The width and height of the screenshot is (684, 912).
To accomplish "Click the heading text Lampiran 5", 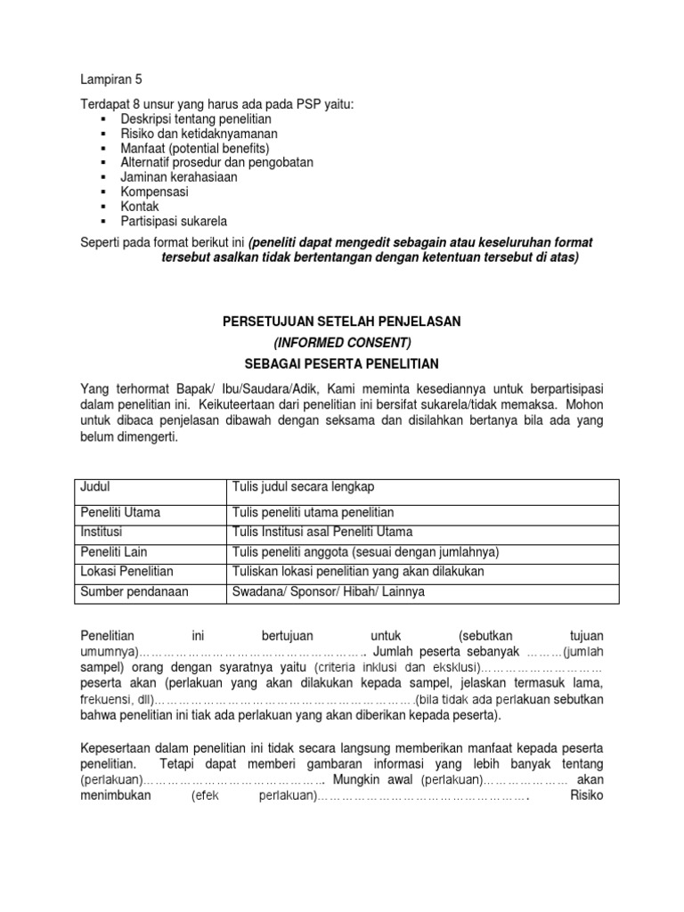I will click(110, 78).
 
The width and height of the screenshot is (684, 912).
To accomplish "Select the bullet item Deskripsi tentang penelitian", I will click(196, 118).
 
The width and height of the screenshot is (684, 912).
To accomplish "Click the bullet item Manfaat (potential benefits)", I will click(194, 148).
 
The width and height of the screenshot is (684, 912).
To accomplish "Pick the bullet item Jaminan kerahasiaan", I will click(179, 177).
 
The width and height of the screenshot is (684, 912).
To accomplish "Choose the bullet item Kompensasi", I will click(156, 191).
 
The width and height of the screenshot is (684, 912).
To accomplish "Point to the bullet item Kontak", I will click(140, 207).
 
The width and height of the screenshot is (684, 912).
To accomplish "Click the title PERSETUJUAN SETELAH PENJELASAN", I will click(342, 321).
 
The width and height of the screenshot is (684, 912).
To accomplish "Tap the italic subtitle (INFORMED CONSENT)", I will click(342, 342).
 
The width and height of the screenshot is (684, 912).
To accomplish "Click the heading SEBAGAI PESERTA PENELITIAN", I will click(342, 363).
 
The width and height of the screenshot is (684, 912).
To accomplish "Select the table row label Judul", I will click(95, 486).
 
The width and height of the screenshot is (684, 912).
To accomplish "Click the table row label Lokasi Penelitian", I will click(126, 571).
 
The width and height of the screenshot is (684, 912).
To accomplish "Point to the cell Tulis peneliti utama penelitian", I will click(313, 512).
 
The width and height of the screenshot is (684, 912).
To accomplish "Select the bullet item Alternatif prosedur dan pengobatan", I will click(216, 162).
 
